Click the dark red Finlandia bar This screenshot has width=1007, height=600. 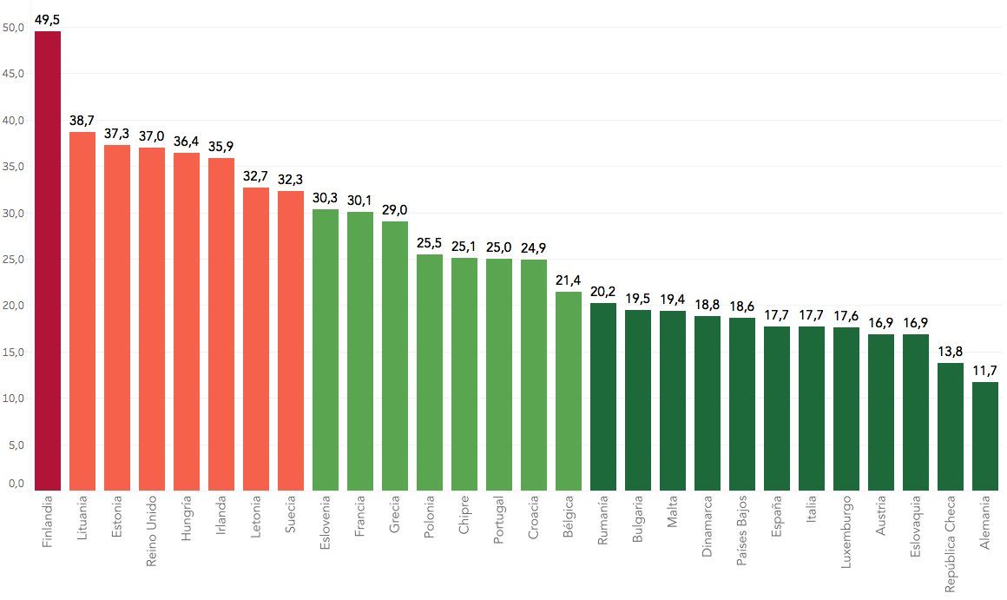[47, 260]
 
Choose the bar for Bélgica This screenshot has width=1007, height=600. [568, 391]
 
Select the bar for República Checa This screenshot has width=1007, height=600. [950, 426]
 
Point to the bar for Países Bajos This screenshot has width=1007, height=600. [741, 404]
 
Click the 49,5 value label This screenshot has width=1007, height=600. [47, 18]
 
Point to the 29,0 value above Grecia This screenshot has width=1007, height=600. [394, 209]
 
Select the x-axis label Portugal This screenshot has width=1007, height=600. [498, 521]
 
